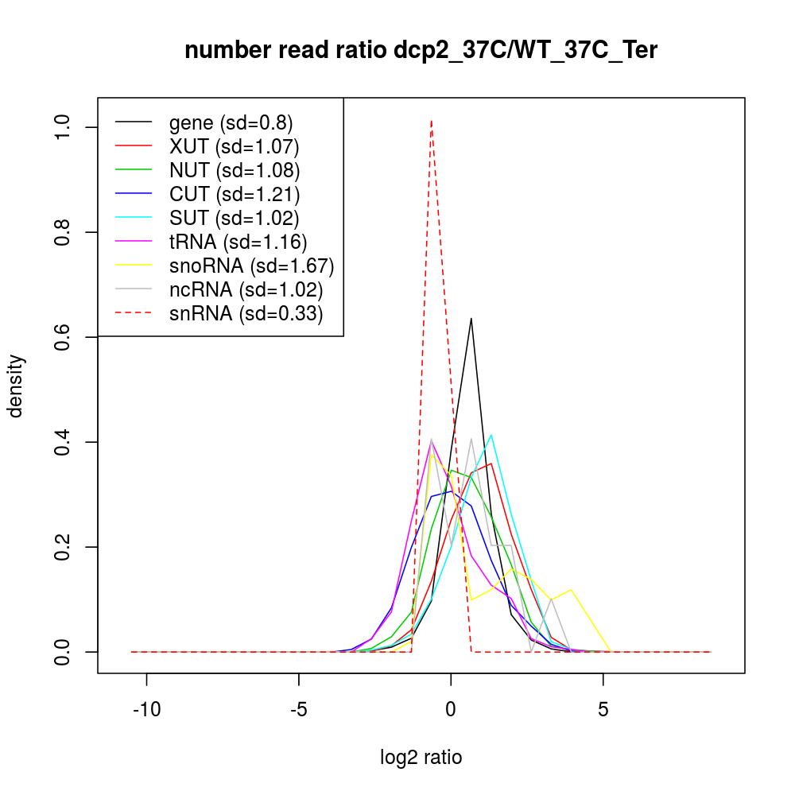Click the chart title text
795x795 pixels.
click(x=421, y=51)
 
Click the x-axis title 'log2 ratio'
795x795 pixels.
click(x=421, y=757)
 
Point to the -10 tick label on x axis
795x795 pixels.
click(x=146, y=708)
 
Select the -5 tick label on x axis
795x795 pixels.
click(x=298, y=708)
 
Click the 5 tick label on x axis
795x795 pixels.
click(x=603, y=708)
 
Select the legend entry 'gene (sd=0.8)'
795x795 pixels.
click(x=231, y=122)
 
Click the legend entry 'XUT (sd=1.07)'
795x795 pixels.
click(x=234, y=146)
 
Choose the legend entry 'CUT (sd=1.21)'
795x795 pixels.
click(x=234, y=194)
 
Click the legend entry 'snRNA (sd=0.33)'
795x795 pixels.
click(x=246, y=313)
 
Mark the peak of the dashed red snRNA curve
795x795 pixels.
click(x=431, y=121)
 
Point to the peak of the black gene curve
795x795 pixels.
click(x=471, y=319)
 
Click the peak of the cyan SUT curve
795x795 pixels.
click(x=492, y=435)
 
